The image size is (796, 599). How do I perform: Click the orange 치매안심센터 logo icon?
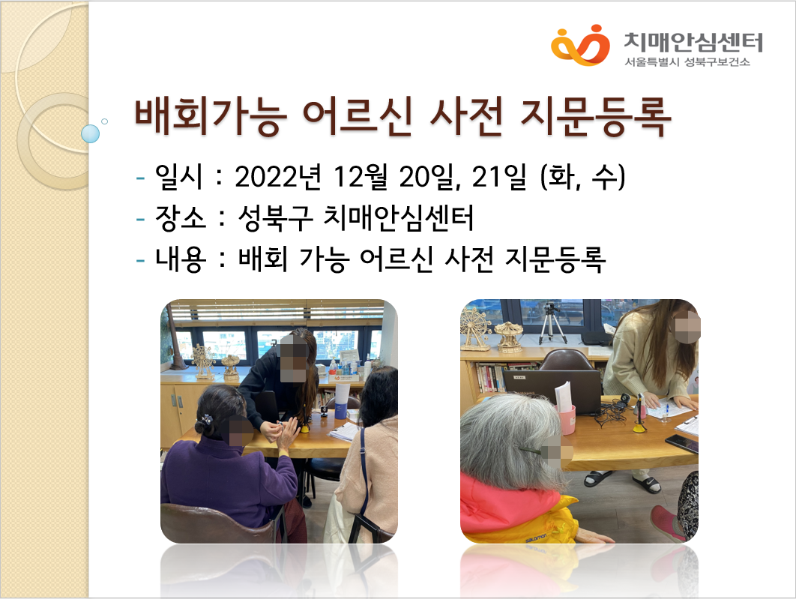pyautogui.click(x=580, y=45)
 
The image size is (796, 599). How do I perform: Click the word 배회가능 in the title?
pyautogui.click(x=211, y=116)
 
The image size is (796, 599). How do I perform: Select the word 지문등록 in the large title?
pyautogui.click(x=596, y=116)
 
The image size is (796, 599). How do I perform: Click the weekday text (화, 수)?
pyautogui.click(x=583, y=177)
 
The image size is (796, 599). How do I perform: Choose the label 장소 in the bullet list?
pyautogui.click(x=181, y=217)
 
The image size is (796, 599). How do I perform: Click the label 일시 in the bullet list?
pyautogui.click(x=178, y=177)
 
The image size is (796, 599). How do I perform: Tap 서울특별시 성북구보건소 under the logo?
pyautogui.click(x=687, y=62)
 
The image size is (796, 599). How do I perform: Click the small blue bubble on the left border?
pyautogui.click(x=91, y=133)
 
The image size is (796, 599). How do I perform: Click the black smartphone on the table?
pyautogui.click(x=682, y=442)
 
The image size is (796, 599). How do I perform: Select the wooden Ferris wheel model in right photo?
pyautogui.click(x=475, y=328)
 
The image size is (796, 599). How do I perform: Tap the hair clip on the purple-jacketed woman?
pyautogui.click(x=205, y=421)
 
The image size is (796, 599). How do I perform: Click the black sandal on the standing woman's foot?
pyautogui.click(x=647, y=484)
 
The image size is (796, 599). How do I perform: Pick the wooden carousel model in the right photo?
pyautogui.click(x=508, y=336)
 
